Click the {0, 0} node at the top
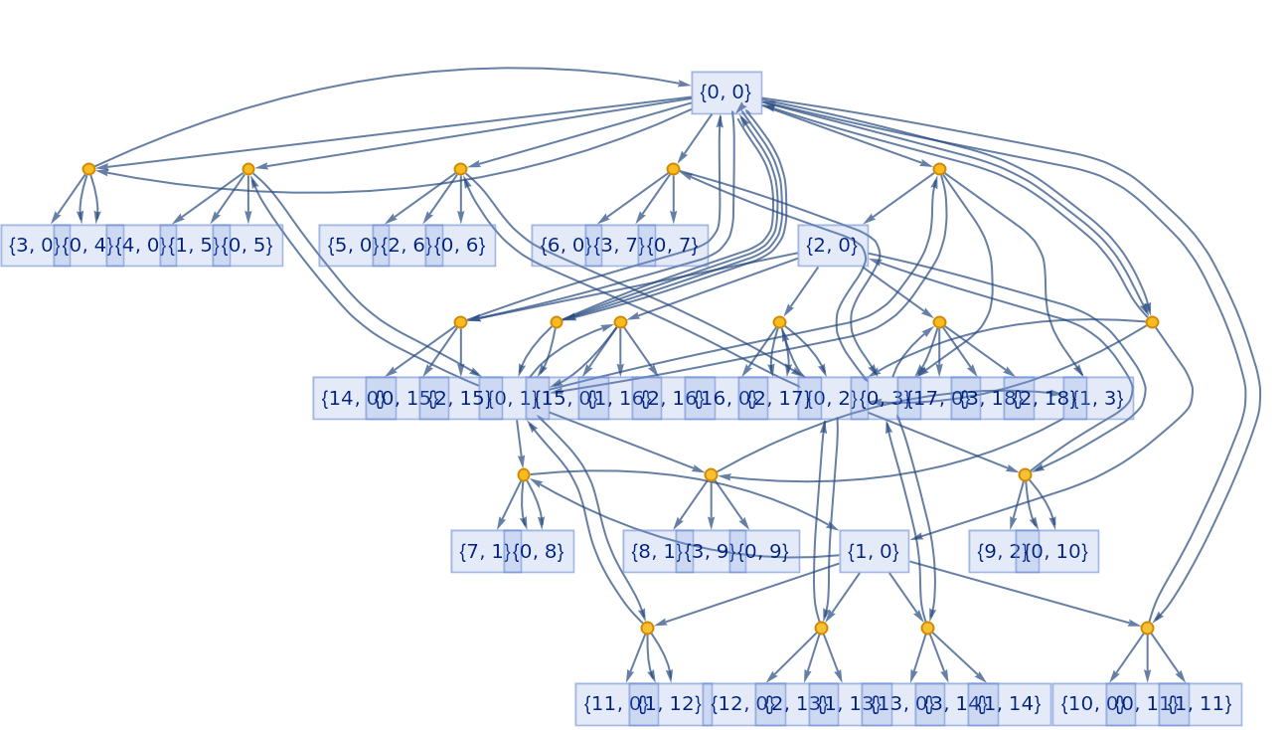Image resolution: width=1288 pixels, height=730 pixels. (726, 92)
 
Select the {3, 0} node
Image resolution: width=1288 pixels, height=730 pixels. (32, 246)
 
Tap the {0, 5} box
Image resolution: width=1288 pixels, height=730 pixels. (247, 246)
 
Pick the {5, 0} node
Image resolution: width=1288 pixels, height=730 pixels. (350, 246)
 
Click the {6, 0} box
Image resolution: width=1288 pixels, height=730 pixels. (563, 246)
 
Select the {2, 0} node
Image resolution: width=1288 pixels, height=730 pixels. (833, 246)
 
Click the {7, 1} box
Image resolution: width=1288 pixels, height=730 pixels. (482, 552)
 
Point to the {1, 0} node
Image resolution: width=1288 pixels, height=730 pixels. (874, 552)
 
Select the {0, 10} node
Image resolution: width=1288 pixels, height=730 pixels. (1060, 552)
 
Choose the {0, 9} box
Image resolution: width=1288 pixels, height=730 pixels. (764, 552)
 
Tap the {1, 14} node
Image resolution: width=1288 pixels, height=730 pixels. (1011, 705)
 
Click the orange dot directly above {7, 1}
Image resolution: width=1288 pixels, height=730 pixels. (524, 474)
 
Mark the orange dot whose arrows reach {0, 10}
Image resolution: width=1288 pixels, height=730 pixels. (1025, 474)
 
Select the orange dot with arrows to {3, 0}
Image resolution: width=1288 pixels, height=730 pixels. (88, 169)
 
